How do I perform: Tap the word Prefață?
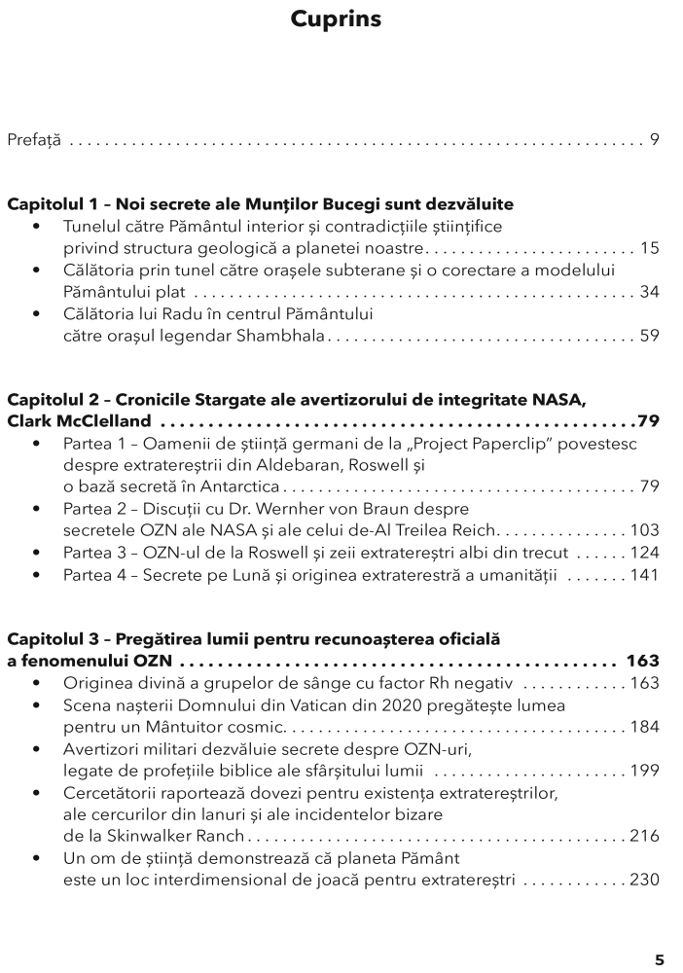(34, 141)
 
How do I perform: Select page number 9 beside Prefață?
(655, 141)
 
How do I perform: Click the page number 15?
(649, 248)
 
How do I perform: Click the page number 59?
(649, 337)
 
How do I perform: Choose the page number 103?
(644, 531)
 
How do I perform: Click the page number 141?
(644, 575)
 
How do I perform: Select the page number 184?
(644, 727)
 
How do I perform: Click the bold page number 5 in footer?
(659, 959)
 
